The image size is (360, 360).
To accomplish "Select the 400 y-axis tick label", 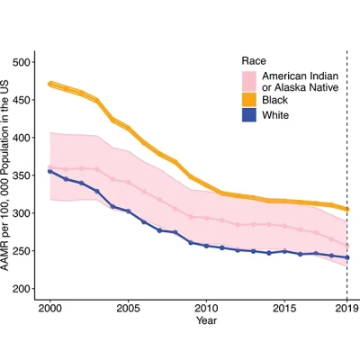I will pos(29,153).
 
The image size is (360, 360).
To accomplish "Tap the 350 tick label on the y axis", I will pos(29,198).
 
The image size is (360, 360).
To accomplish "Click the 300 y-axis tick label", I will pos(29,243).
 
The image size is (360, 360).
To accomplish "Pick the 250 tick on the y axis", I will pos(29,288).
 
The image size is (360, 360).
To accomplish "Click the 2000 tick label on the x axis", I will pos(51,307).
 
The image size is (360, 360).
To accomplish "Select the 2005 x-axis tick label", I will pos(129,307).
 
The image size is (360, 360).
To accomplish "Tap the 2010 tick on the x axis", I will pos(206,307).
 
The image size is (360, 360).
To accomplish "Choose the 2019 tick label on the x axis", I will pos(346,307).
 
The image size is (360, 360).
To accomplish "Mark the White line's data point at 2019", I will pos(346,257).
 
